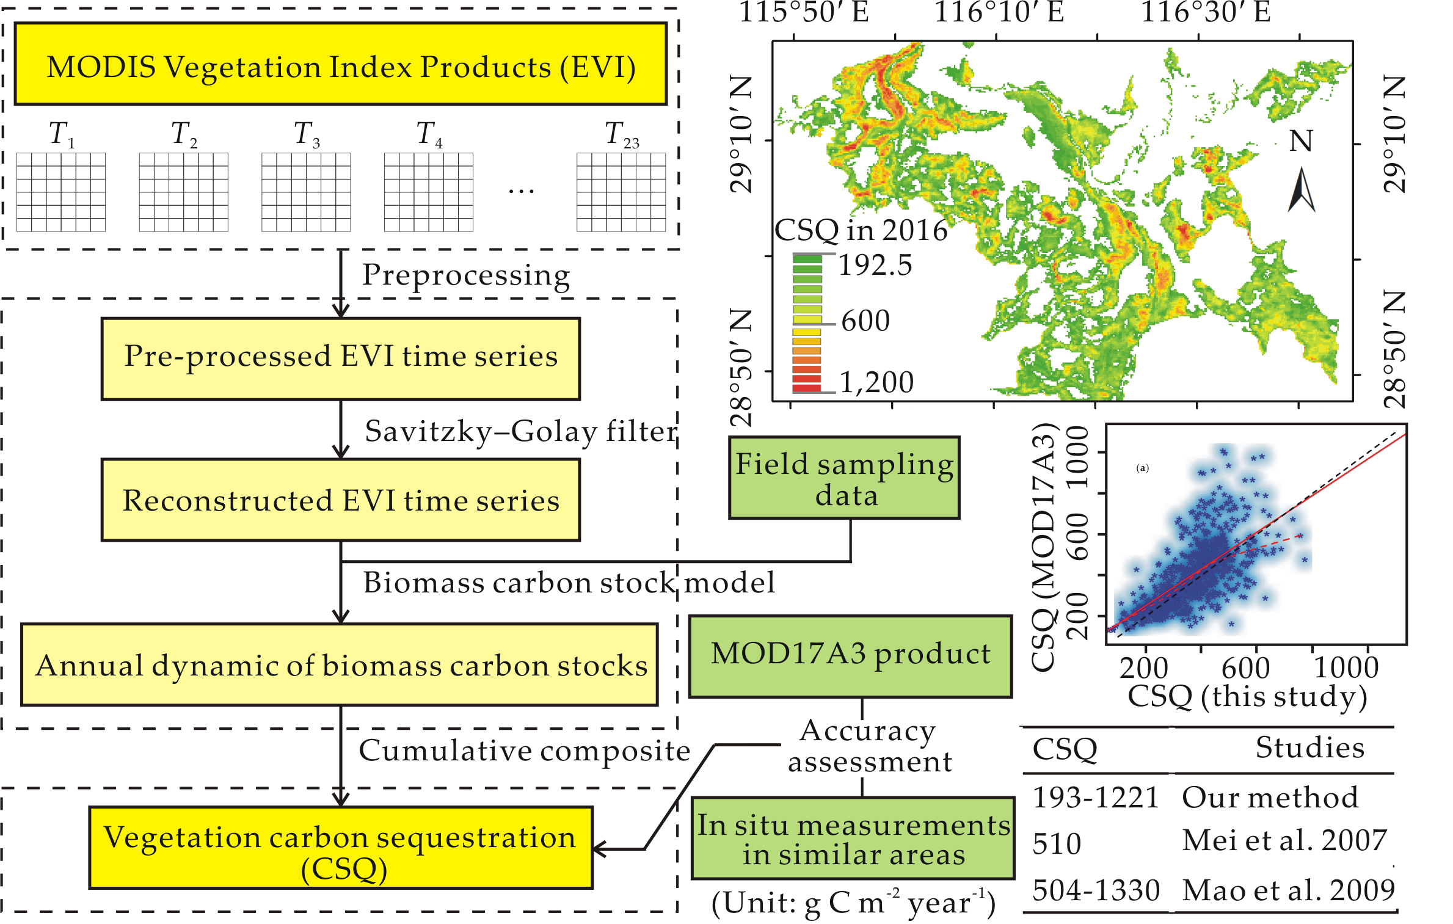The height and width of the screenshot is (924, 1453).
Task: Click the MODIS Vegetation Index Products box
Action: point(340,65)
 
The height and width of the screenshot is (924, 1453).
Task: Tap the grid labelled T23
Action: point(621,192)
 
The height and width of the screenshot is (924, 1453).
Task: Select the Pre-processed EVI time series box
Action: point(340,358)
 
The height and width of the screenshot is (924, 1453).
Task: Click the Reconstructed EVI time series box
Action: point(340,500)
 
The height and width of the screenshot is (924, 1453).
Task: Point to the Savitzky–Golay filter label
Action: point(520,431)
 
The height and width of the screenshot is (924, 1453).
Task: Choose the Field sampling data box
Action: point(843,478)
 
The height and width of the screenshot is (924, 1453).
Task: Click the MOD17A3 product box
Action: point(850,656)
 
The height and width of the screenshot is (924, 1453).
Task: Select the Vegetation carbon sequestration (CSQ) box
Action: point(340,848)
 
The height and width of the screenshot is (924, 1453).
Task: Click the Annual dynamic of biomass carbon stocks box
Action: point(340,665)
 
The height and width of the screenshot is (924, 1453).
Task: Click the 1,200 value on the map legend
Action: point(876,383)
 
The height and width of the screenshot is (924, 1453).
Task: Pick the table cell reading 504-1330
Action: point(1096,890)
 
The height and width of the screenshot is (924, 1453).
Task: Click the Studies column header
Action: point(1309,748)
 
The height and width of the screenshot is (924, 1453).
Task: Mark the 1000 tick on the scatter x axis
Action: point(1346,667)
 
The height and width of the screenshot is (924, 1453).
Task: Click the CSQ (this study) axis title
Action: point(1247,696)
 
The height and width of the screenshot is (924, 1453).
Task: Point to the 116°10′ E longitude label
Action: point(999,12)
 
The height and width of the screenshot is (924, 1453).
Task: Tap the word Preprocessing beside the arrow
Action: point(466,275)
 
